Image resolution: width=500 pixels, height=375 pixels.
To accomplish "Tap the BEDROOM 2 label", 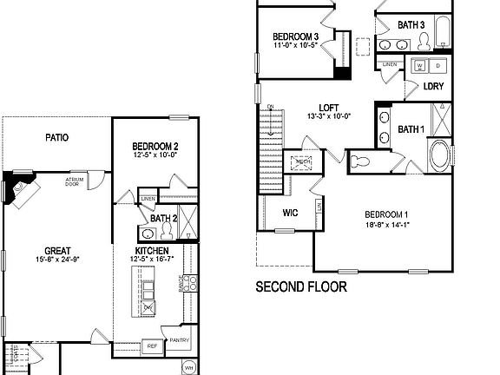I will [x=155, y=146].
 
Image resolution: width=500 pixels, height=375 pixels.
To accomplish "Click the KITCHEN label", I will [x=151, y=250].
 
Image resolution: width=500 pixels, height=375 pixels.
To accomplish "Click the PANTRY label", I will [x=180, y=340].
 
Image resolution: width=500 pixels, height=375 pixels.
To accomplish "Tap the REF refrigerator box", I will [x=151, y=345].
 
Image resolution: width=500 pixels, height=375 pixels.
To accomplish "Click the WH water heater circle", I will [x=189, y=368].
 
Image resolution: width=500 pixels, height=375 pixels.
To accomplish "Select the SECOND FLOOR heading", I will [x=300, y=286].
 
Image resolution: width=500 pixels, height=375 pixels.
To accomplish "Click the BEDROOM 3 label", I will [x=295, y=36].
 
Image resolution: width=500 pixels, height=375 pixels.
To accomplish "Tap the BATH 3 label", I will [x=411, y=25].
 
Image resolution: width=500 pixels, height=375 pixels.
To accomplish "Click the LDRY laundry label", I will [x=434, y=87].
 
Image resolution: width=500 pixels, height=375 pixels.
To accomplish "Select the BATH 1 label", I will [x=411, y=129].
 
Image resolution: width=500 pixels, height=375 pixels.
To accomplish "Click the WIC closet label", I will [x=291, y=212].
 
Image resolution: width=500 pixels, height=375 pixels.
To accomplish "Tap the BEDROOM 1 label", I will [x=387, y=214].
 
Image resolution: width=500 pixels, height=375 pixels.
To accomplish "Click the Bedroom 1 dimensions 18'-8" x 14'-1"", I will [x=387, y=224].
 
